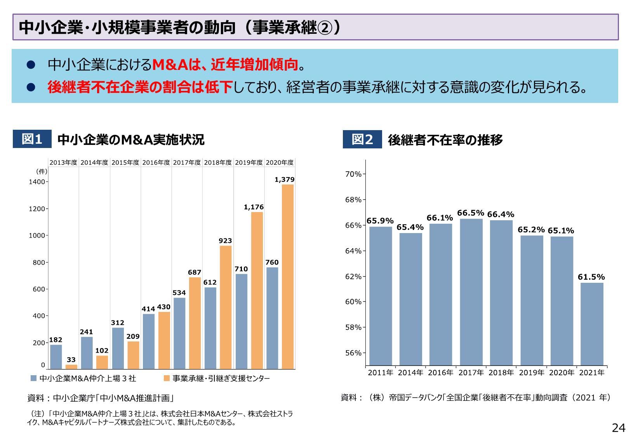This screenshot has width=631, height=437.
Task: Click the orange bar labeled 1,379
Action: (x=288, y=277)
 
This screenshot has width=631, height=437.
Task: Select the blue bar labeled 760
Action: (x=272, y=318)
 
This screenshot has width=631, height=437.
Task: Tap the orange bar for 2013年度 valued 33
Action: (x=71, y=366)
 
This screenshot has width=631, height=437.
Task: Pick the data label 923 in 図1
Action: (x=225, y=241)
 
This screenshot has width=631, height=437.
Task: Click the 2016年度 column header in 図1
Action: (x=156, y=162)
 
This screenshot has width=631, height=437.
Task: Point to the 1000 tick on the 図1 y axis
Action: (x=37, y=235)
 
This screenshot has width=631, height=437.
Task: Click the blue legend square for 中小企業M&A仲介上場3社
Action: (x=34, y=378)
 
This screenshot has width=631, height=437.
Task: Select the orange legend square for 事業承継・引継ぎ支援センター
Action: (x=167, y=378)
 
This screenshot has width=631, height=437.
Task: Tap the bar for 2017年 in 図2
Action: (x=471, y=292)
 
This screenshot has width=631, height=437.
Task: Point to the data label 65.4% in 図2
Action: (x=410, y=227)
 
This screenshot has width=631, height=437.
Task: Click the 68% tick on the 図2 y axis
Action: (x=353, y=200)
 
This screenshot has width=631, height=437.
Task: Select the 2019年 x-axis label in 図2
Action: (x=532, y=373)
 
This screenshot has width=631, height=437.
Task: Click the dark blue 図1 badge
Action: (x=32, y=139)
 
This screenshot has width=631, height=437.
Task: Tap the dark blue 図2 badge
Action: (x=362, y=139)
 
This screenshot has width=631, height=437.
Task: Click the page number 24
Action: (x=618, y=428)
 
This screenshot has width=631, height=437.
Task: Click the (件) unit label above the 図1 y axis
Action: (x=42, y=171)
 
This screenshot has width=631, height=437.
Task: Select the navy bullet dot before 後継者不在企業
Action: (x=31, y=87)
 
